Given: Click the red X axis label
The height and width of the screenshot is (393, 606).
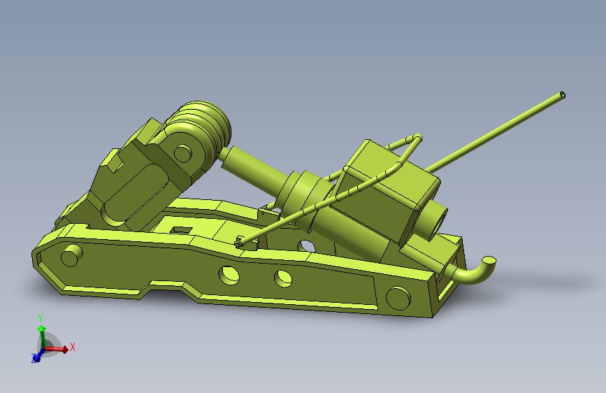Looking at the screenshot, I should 72,346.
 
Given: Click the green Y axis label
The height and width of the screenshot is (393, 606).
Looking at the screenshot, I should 41,317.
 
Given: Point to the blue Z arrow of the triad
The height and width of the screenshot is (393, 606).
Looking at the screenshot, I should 36,357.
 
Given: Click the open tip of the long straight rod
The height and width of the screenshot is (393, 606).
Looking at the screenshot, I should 563,94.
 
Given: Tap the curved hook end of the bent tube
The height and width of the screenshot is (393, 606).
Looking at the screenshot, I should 487,264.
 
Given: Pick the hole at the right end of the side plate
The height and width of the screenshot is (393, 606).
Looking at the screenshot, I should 397,298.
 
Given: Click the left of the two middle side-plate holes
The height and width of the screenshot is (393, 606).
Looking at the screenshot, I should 229,275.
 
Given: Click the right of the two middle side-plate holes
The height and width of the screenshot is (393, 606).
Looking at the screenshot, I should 282,278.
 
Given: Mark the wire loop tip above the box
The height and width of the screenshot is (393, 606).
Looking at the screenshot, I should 417,137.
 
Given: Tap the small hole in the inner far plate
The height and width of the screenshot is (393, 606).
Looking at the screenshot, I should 305,245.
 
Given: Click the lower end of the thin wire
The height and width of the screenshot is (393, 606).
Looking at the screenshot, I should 240,242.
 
